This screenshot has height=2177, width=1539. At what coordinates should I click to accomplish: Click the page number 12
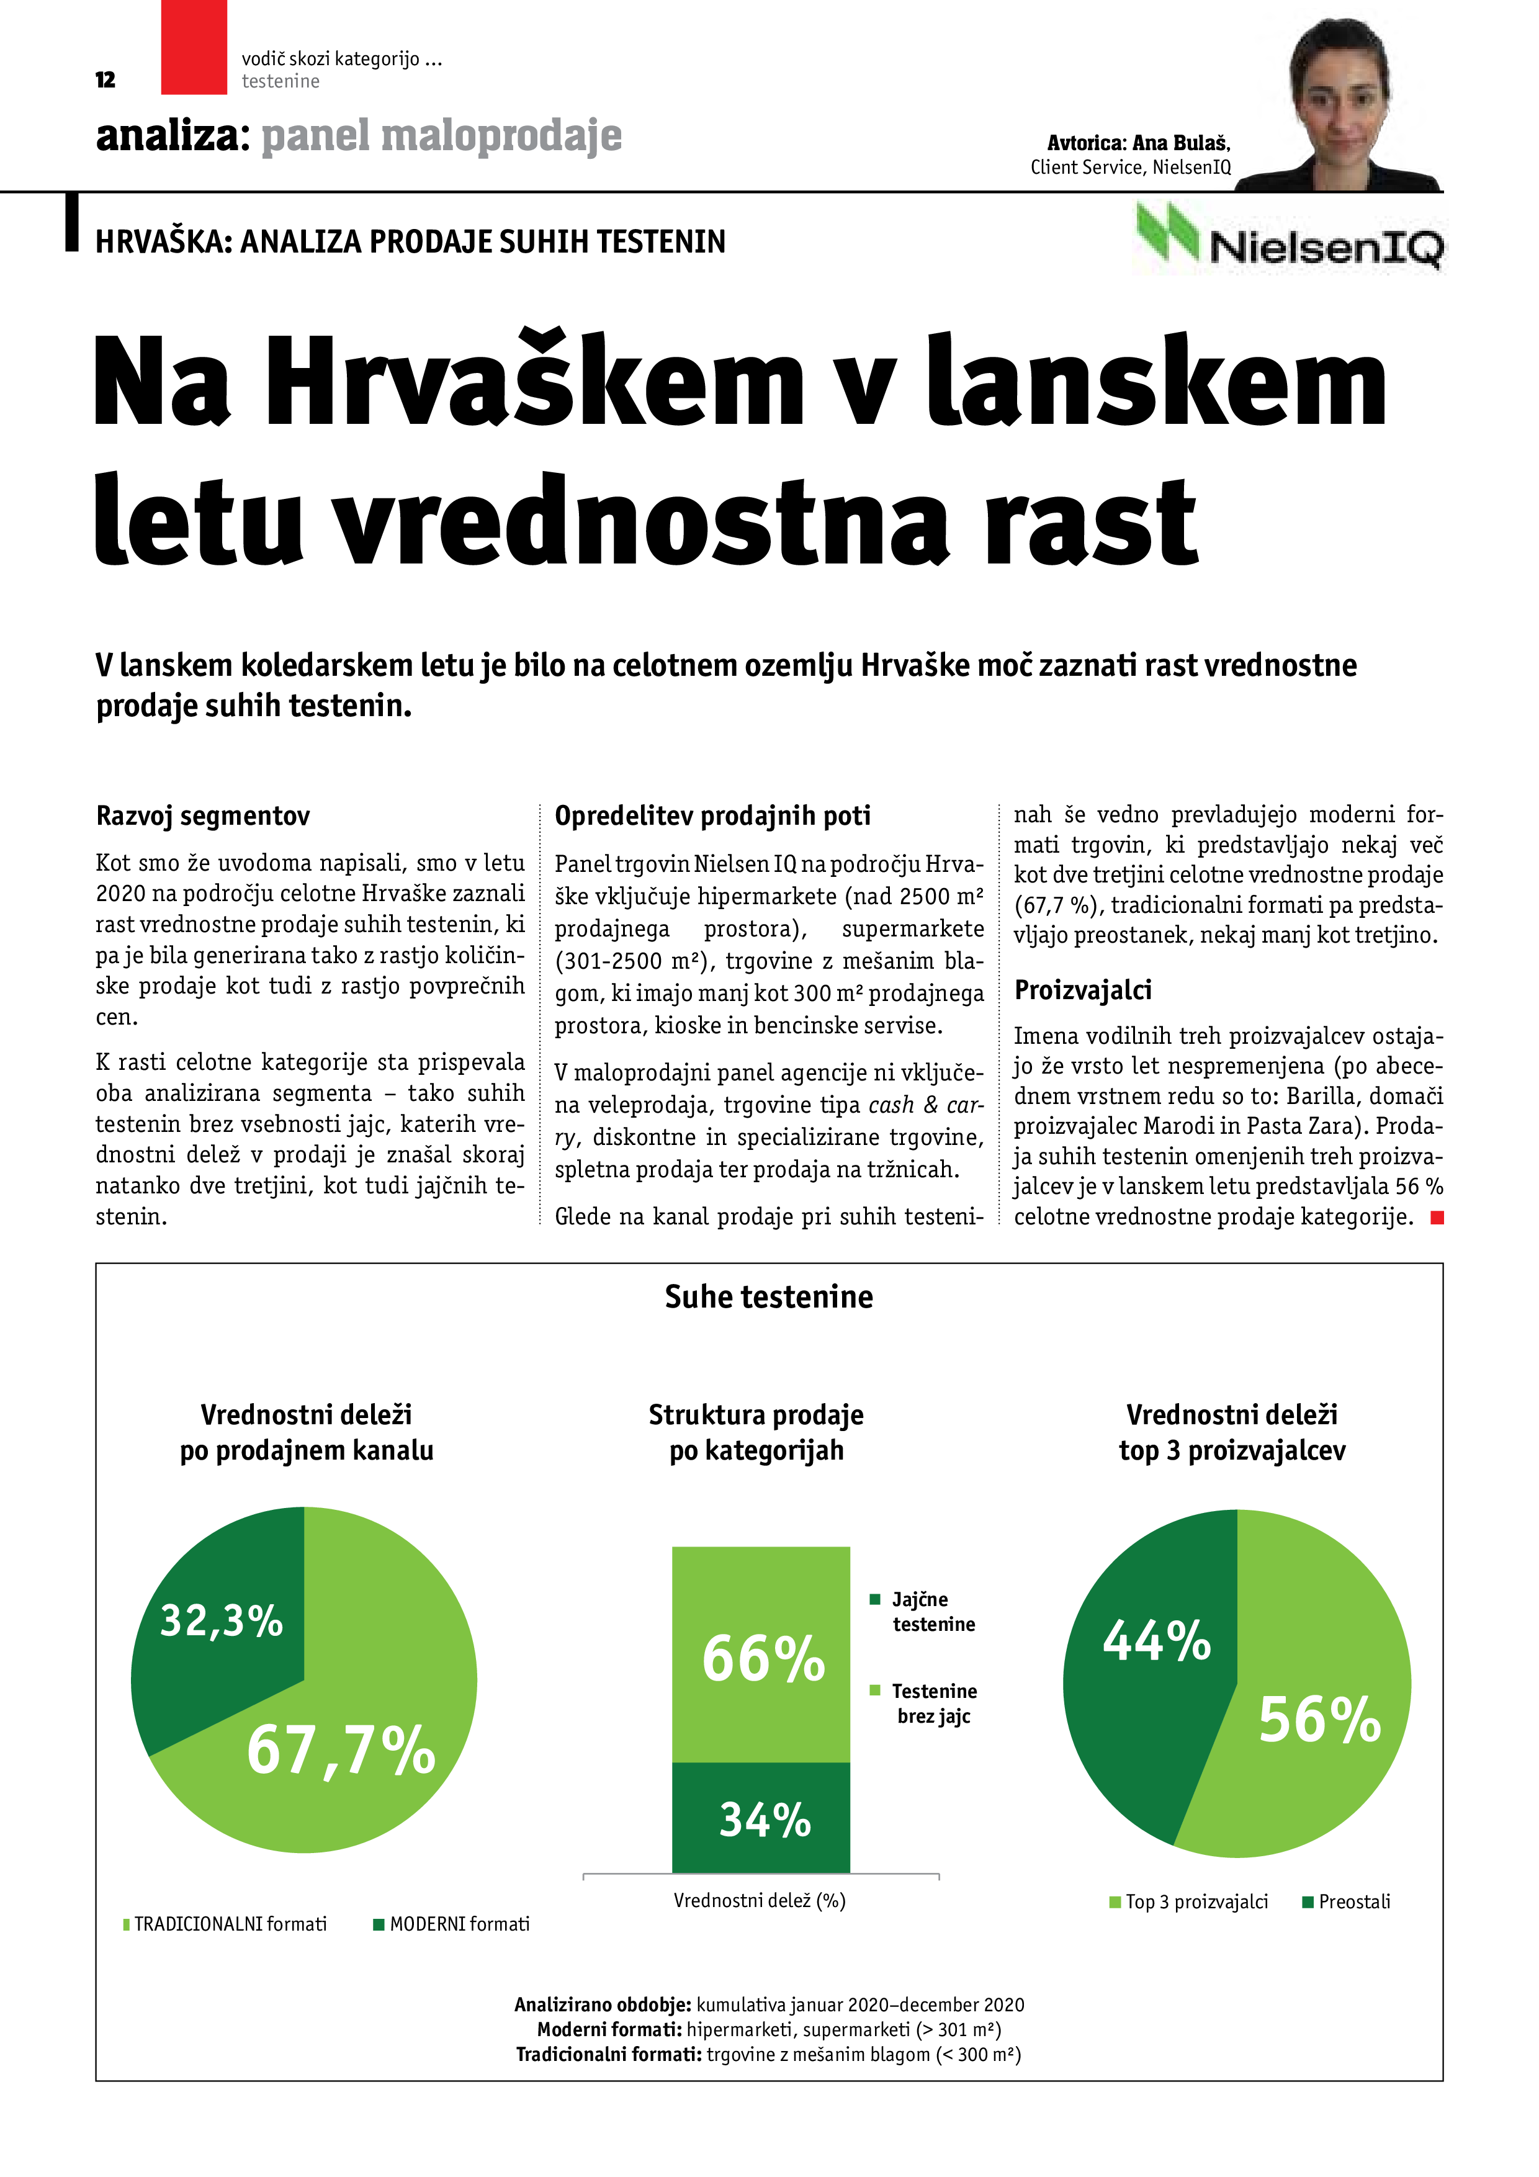pos(105,79)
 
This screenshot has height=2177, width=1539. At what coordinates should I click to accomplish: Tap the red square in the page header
pos(194,47)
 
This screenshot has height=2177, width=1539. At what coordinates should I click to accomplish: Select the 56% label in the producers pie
pos(1319,1720)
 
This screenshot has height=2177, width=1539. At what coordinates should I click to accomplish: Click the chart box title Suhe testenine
pos(769,1296)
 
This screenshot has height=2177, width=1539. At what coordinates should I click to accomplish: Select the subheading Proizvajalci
pos(1083,990)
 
